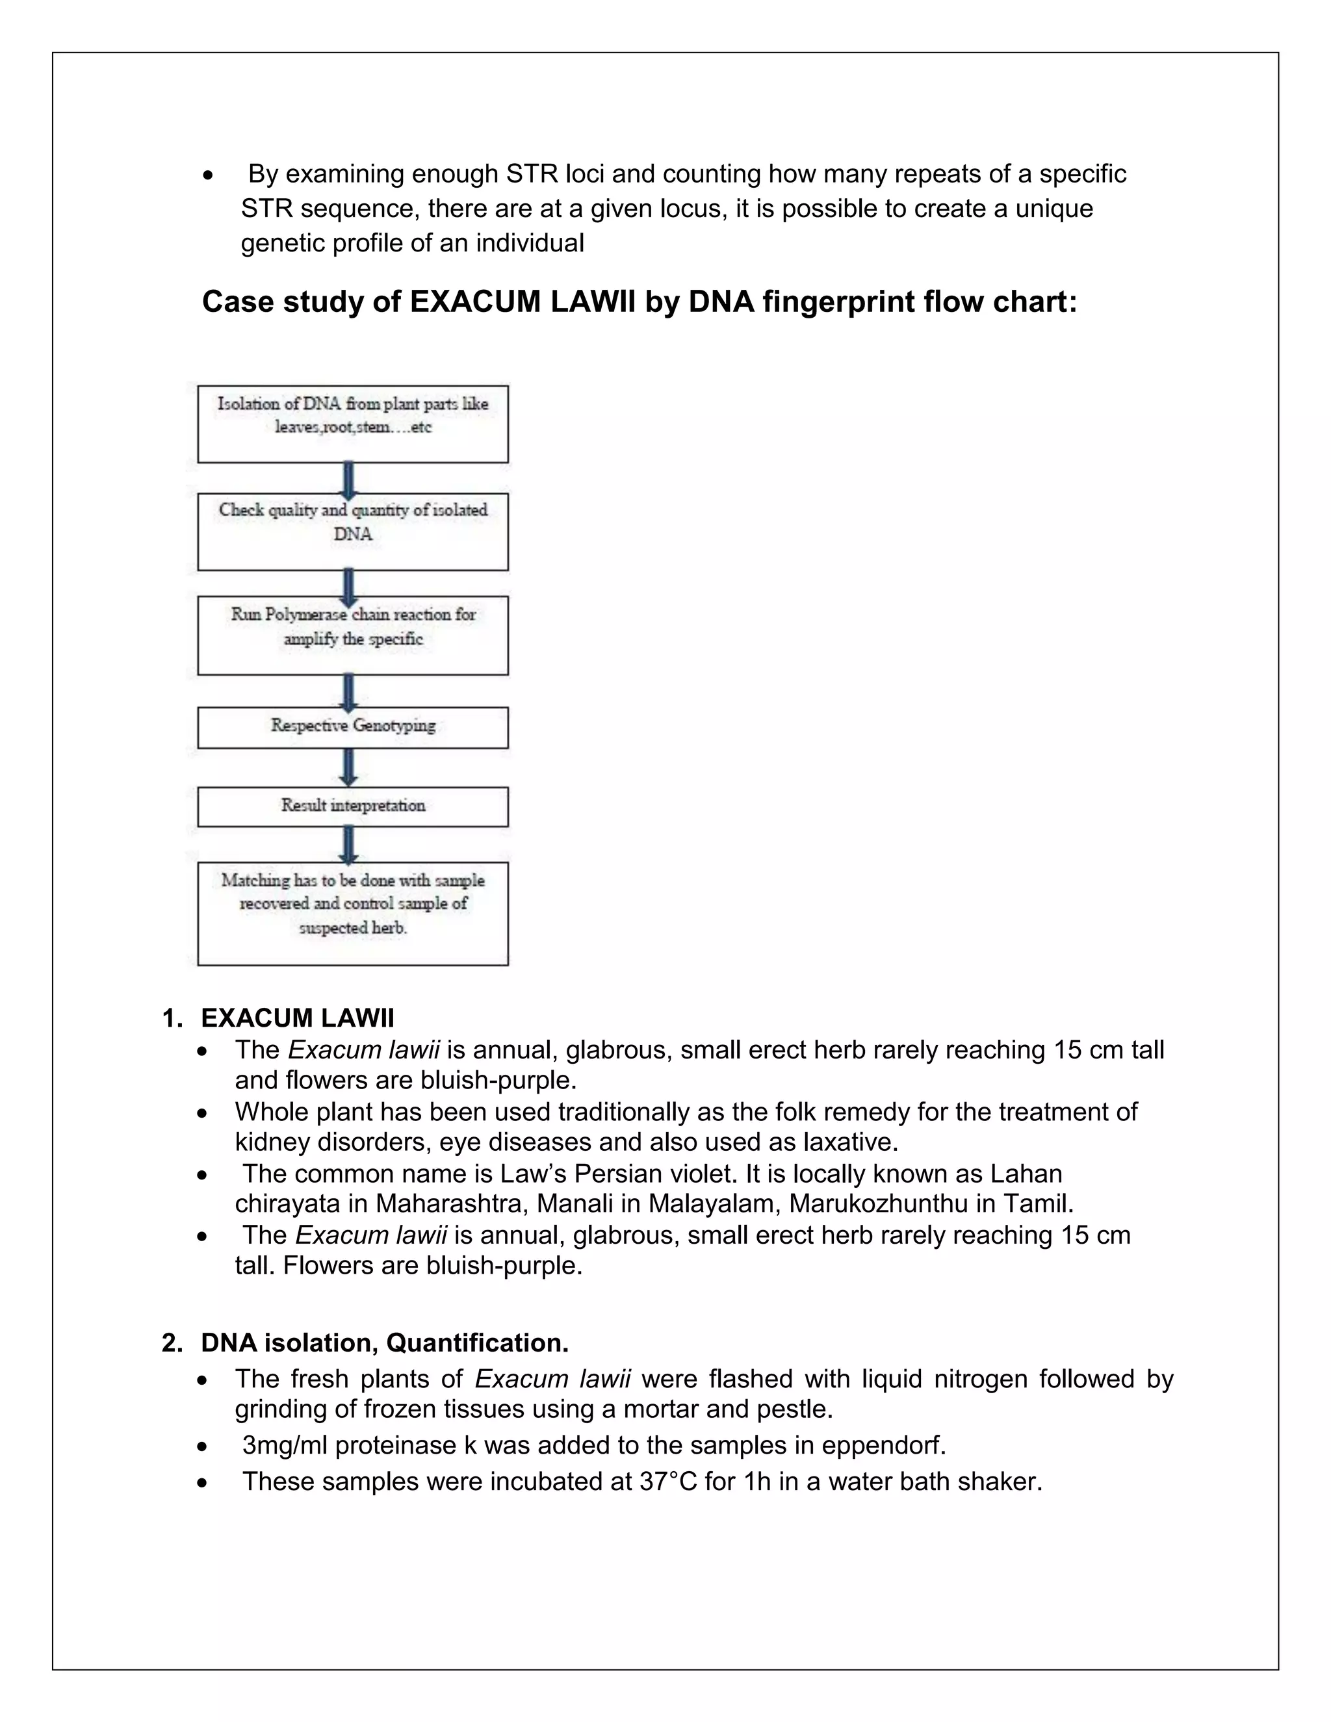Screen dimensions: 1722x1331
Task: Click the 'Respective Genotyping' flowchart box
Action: pos(352,727)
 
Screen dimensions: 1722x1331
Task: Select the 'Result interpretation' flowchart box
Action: pos(352,806)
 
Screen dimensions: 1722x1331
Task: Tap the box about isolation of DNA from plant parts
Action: pos(352,424)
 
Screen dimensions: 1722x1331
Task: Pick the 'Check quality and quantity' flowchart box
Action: pos(352,532)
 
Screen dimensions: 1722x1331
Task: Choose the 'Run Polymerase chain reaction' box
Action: pos(352,636)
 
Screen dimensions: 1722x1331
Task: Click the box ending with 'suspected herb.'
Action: pos(352,913)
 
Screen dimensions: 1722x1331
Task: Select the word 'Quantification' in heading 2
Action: pos(476,1342)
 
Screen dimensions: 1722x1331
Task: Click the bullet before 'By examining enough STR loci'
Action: pos(207,175)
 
